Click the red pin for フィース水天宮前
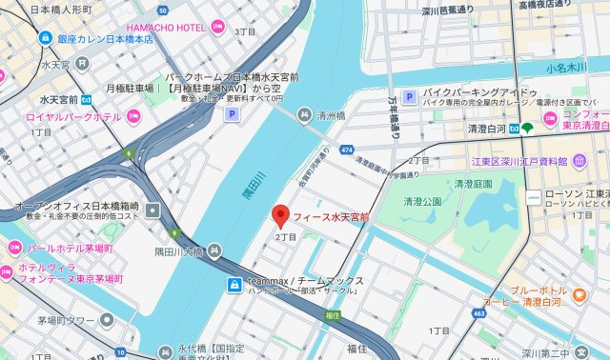coord(279,214)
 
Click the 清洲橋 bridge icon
coord(304,116)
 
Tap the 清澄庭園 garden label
coord(474,184)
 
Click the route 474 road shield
coord(346,150)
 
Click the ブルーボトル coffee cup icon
coord(579,296)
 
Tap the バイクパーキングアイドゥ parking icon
coord(409,96)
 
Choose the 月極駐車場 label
coord(131,88)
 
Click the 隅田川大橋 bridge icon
coord(216,252)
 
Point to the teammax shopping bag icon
coord(233,284)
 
